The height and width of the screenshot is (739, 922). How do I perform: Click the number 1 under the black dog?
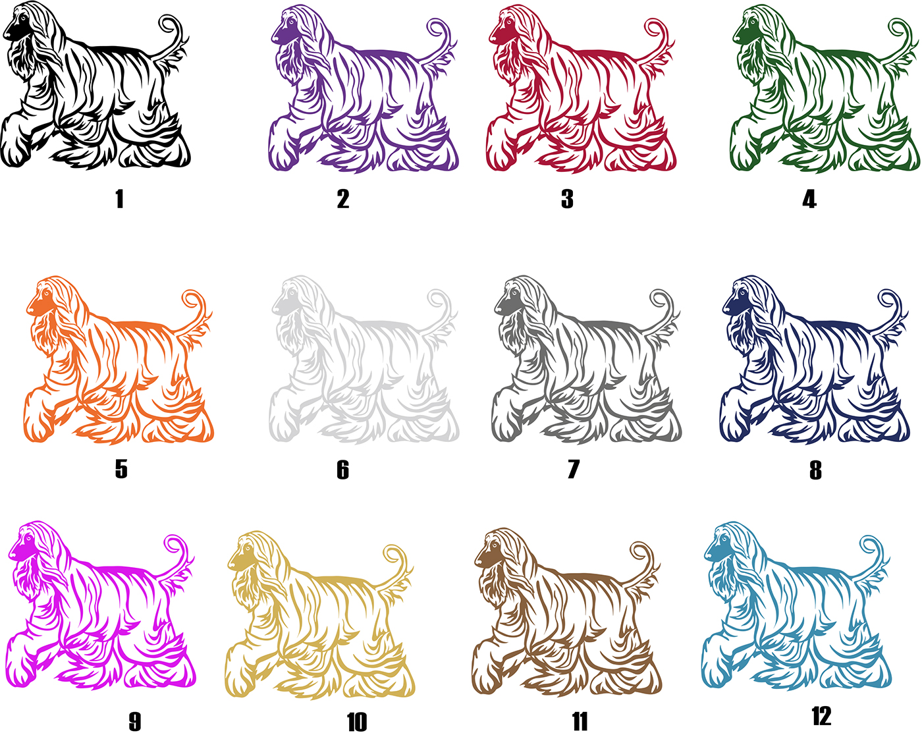120,199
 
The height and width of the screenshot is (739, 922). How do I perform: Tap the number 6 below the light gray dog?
342,470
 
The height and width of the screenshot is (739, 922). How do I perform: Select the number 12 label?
821,716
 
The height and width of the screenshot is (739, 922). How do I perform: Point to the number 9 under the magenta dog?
134,722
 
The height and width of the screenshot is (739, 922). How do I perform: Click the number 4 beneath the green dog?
809,200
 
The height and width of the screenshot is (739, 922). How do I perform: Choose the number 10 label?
357,723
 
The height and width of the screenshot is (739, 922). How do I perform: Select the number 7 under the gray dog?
573,470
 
